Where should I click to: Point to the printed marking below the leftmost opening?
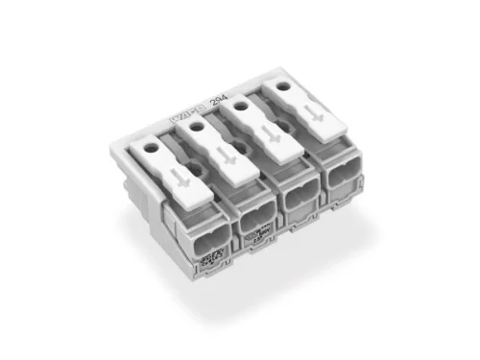tap(208, 259)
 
